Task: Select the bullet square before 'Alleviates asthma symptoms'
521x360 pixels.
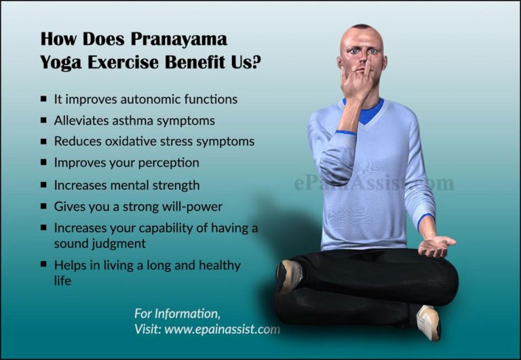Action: click(43, 121)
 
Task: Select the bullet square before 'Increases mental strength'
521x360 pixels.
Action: click(43, 184)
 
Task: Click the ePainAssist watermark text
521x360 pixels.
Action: click(374, 183)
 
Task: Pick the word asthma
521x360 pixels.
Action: click(135, 121)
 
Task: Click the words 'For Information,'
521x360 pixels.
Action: click(177, 314)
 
